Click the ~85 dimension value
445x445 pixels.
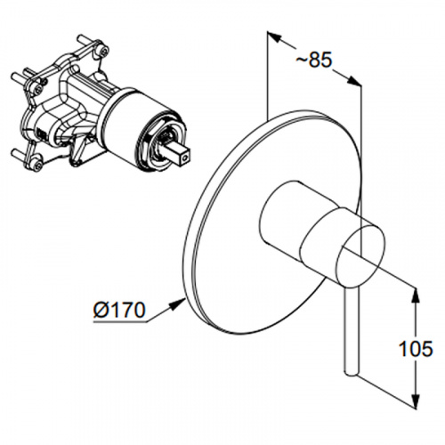click(313, 61)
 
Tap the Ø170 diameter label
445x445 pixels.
click(119, 311)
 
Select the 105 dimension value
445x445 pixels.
click(416, 348)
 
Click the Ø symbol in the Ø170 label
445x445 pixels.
click(101, 311)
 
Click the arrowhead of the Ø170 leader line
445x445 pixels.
click(179, 303)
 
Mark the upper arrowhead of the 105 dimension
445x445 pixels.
click(417, 295)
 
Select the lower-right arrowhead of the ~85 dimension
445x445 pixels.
click(354, 81)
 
